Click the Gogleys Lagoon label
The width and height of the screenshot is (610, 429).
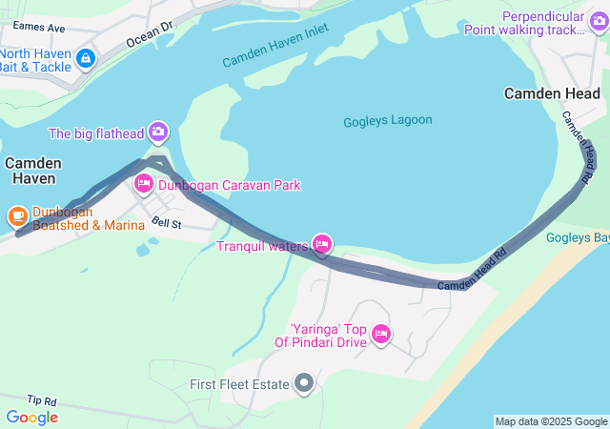[387, 121]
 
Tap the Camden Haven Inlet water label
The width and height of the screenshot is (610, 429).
[274, 46]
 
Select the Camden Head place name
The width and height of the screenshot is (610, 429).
[552, 93]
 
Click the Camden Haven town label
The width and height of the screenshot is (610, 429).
[33, 171]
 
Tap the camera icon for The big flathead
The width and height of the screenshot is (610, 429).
[158, 132]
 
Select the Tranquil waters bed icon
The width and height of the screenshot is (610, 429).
[322, 245]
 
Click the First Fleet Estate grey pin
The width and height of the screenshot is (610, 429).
[304, 384]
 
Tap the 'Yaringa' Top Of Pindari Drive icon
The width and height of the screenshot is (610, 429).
[380, 333]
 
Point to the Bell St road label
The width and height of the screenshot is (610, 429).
[166, 223]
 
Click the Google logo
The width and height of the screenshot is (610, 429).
[31, 417]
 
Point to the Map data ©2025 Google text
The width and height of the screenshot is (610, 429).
[550, 421]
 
